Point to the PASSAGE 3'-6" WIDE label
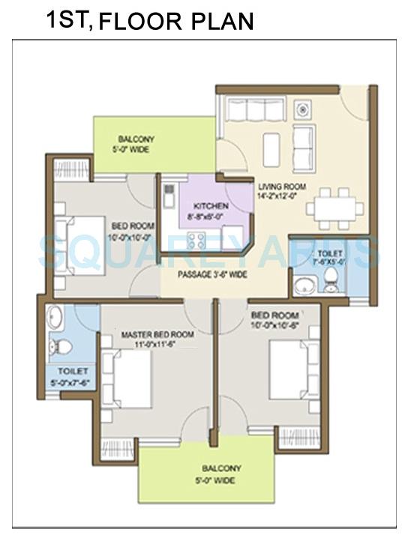point(212,274)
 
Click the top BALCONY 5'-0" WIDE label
point(136,144)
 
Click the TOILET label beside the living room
point(329,259)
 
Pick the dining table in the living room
point(333,208)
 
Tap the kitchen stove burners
point(196,241)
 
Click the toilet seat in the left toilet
point(65,346)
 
